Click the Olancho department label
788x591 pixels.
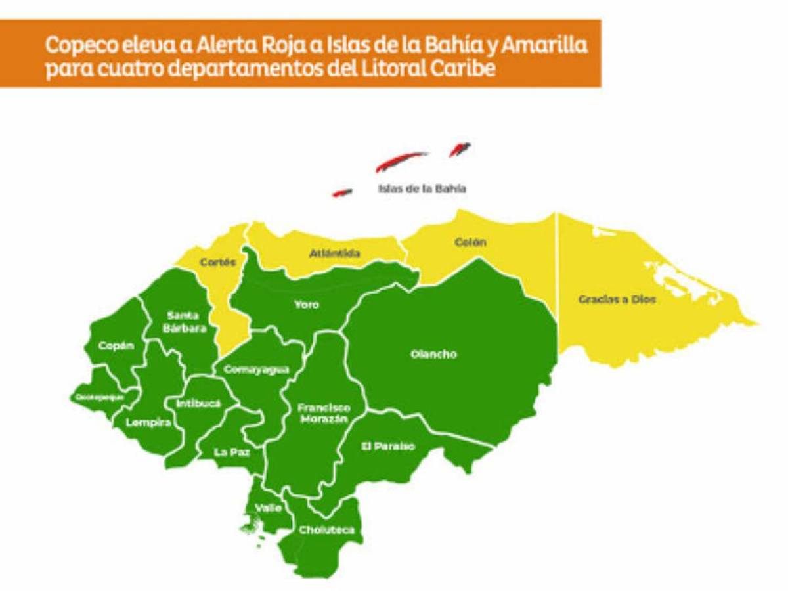pos(433,355)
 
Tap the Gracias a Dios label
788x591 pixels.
pos(617,299)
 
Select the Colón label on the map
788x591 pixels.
pos(470,242)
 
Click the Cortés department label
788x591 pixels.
pos(218,261)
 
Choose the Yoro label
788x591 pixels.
pos(307,305)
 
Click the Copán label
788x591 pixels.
pos(116,345)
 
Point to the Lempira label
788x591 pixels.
pos(148,423)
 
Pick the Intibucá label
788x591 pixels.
pos(198,403)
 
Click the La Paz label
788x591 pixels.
pos(232,452)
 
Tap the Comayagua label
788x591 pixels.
pos(256,370)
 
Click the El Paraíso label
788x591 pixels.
pos(388,447)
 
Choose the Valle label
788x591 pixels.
pos(269,508)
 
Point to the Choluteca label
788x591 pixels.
pos(326,530)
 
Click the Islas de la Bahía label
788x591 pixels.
pos(422,188)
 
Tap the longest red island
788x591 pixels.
pos(401,160)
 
